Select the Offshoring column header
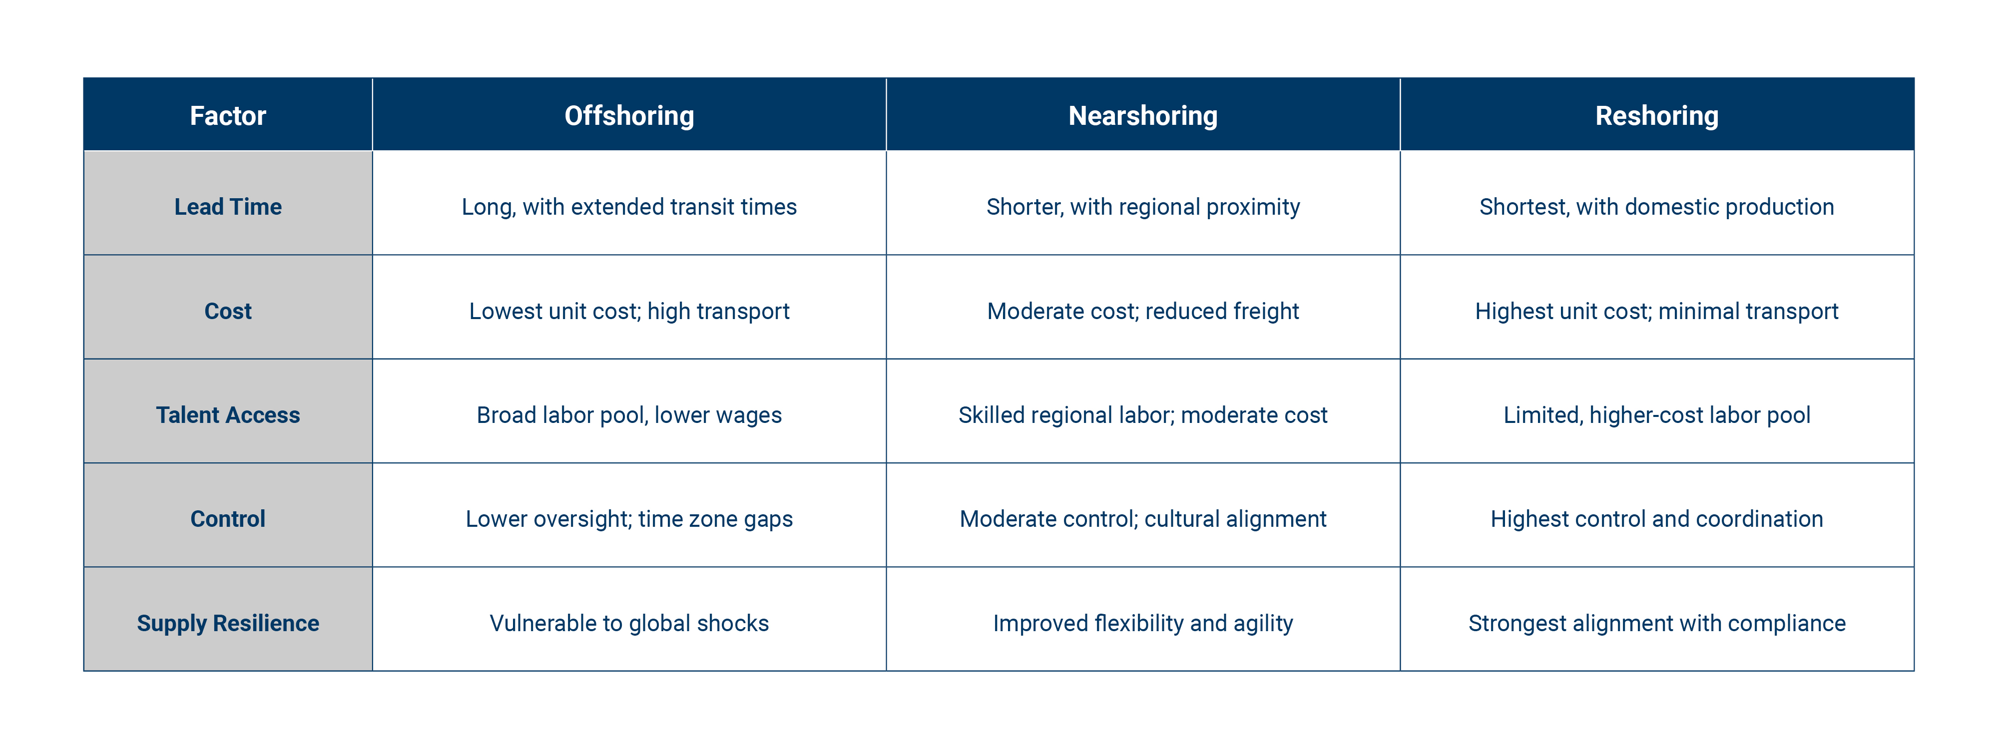[629, 115]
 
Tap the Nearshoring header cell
[1142, 115]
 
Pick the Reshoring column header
[1657, 115]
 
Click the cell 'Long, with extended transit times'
[629, 207]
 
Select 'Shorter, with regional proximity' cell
[1142, 207]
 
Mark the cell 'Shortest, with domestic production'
[1657, 207]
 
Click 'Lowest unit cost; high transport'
[629, 311]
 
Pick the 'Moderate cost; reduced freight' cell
[1142, 311]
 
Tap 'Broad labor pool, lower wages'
[629, 415]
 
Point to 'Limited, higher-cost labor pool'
[1657, 415]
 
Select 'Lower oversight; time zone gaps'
[629, 519]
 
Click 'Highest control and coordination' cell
[1657, 519]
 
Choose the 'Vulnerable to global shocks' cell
[629, 623]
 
